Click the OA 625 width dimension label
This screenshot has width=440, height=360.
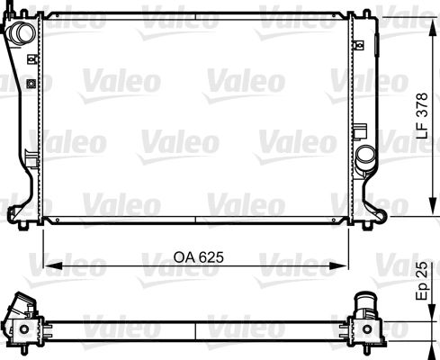(x=195, y=256)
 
